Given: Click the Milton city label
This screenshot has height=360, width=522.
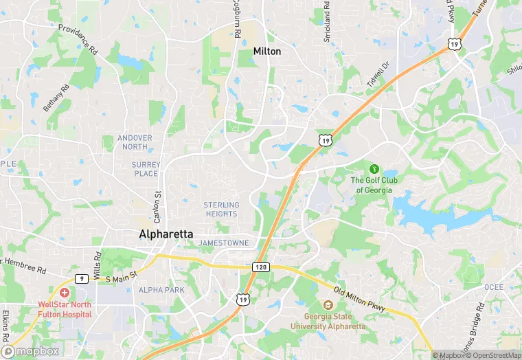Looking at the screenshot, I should coord(267,52).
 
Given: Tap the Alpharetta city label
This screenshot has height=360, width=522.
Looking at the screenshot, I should coord(166,234).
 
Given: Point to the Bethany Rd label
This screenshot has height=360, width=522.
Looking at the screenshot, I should coord(56,98).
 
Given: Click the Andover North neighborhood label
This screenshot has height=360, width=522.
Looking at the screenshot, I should coord(135,142).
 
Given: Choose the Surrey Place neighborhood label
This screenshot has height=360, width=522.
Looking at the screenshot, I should coord(146,169).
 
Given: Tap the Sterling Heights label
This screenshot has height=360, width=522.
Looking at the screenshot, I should coord(221,210).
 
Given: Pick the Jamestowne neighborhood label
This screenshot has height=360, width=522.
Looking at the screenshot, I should coord(223,243).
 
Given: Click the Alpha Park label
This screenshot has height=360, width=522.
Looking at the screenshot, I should coord(161,290).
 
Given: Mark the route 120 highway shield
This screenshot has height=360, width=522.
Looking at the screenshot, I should coord(261,266).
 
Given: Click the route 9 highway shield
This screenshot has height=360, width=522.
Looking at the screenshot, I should coord(80,278).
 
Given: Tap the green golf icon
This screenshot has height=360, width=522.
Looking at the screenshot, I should coord(374,168).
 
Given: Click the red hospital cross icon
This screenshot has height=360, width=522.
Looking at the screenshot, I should coord(64,293).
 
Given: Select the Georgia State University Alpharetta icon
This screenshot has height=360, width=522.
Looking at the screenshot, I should coord(327,306).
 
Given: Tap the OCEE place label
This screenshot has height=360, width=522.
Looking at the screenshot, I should coord(493,287).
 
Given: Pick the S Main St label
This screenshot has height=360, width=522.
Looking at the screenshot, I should coord(122,280).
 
